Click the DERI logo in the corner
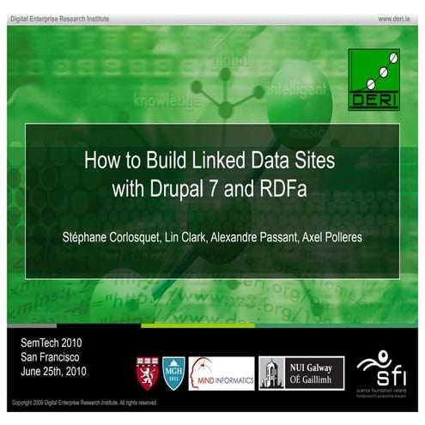pos(373,80)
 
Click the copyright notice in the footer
pos(83,402)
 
